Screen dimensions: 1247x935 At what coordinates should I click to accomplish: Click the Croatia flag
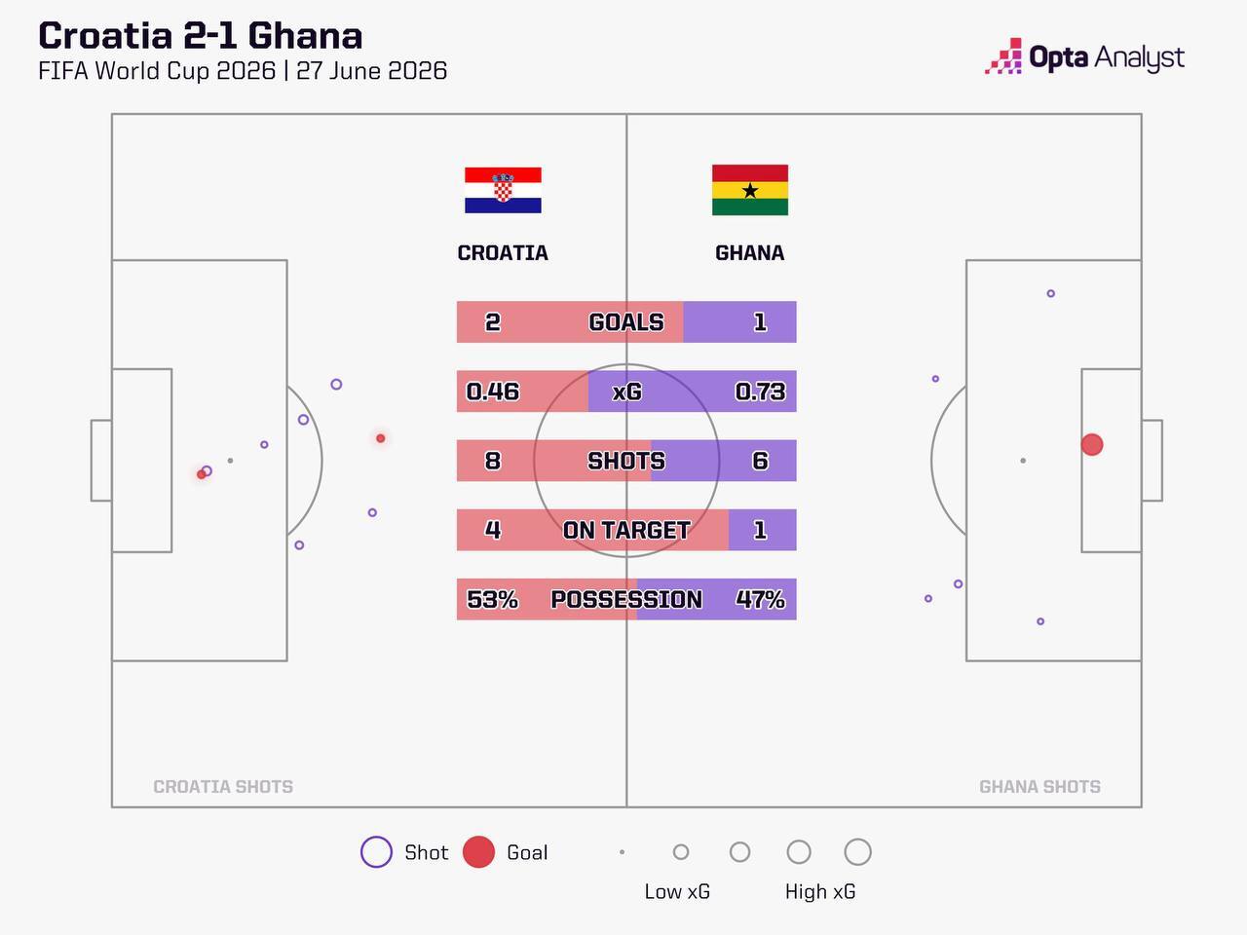[x=503, y=190]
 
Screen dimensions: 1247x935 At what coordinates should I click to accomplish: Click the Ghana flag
[x=750, y=190]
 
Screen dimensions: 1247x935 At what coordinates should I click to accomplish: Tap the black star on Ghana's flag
[x=750, y=190]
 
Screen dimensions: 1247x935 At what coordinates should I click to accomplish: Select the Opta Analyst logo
[x=1084, y=56]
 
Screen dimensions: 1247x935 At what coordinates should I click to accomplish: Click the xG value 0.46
[x=493, y=392]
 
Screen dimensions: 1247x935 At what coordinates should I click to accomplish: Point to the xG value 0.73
[x=760, y=392]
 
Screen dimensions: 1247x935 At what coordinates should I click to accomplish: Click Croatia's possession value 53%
[x=493, y=599]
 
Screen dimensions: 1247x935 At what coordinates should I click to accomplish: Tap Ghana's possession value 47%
[x=760, y=599]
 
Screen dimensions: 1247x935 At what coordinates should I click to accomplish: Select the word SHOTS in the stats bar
[x=626, y=461]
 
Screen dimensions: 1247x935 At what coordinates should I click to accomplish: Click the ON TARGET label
[x=626, y=530]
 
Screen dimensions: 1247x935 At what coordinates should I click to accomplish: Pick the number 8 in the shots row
[x=493, y=461]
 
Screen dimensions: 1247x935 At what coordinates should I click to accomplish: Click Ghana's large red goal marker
[x=1092, y=444]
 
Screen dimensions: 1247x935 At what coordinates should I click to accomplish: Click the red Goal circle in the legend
[x=478, y=851]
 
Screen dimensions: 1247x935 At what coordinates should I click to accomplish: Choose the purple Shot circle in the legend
[x=376, y=851]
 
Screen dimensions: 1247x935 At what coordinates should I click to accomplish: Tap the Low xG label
[x=677, y=891]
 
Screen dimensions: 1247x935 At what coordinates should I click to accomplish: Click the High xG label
[x=820, y=891]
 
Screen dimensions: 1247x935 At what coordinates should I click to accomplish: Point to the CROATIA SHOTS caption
[x=223, y=786]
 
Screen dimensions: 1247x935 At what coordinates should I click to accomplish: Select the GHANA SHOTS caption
[x=1039, y=786]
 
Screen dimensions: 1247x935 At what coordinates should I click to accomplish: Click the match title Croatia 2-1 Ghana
[x=200, y=35]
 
